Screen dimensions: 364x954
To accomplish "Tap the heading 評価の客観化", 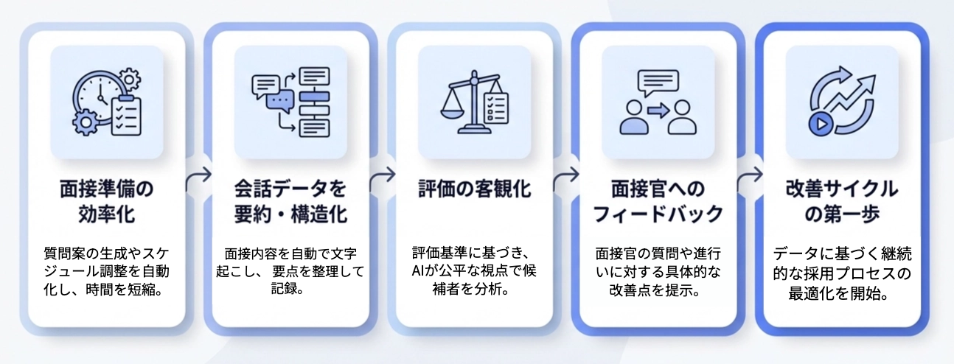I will point(473,189).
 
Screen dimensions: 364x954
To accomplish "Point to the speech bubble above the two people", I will point(658,83).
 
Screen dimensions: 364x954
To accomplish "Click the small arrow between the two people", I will point(658,111).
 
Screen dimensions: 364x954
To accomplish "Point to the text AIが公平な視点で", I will point(473,271).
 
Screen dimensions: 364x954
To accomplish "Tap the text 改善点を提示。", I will point(658,290).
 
